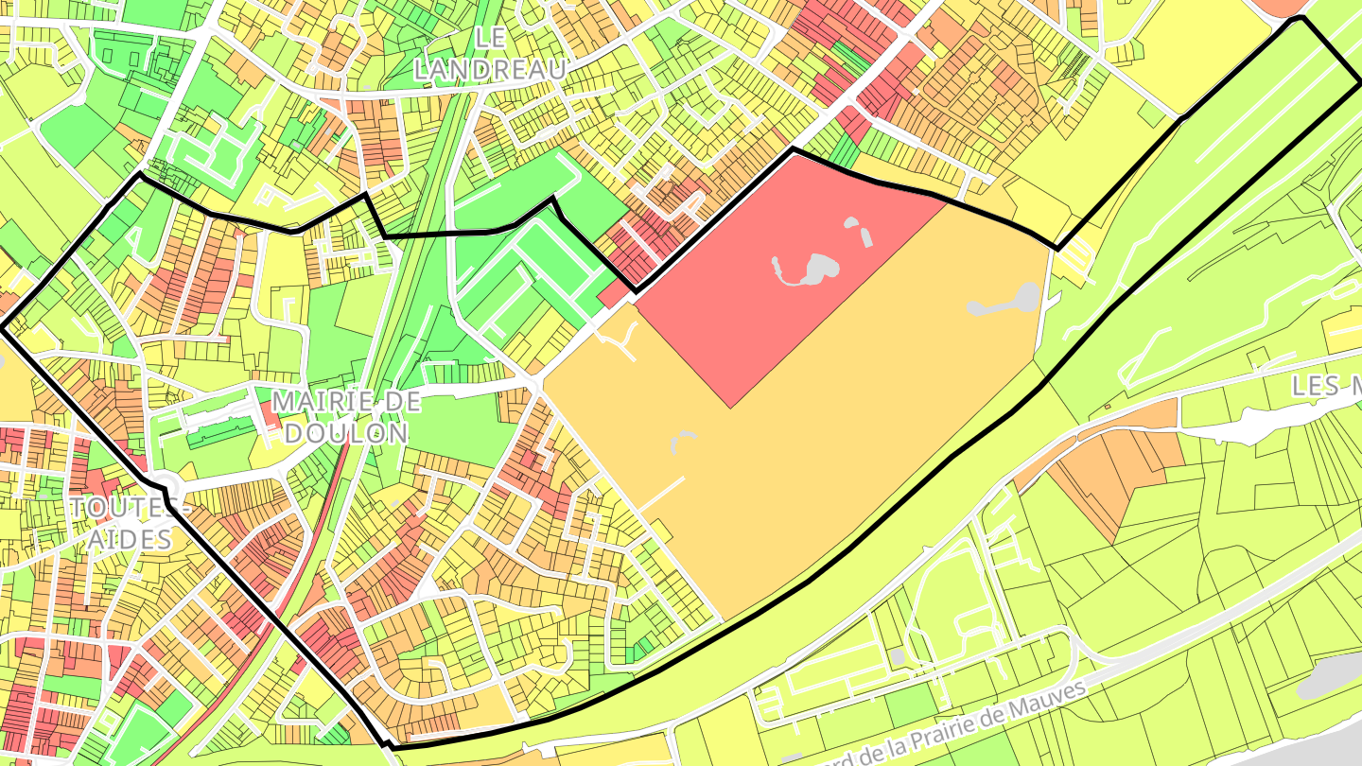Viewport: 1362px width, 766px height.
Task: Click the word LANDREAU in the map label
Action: coord(490,68)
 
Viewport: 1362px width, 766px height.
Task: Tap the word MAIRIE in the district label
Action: coord(317,402)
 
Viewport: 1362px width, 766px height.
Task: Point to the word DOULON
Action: coord(346,433)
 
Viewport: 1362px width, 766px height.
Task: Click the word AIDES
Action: coord(130,540)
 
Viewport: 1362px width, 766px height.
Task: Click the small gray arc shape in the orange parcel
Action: coord(683,438)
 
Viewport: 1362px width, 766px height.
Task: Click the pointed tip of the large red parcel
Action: coord(730,407)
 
